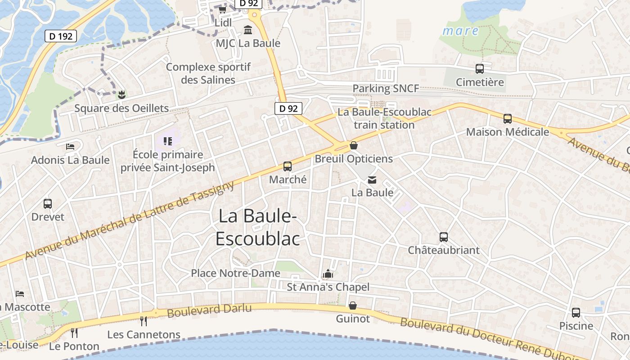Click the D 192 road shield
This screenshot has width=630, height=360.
61,36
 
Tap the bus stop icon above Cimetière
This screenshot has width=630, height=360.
480,69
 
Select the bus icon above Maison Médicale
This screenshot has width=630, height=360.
508,118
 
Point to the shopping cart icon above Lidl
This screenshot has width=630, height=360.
222,9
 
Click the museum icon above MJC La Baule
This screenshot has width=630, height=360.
248,30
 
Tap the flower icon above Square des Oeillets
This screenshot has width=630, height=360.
121,94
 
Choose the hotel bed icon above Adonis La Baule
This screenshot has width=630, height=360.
70,146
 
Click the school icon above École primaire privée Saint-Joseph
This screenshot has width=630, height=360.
168,141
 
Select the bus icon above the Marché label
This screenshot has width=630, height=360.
288,166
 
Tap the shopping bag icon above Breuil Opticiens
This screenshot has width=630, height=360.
354,145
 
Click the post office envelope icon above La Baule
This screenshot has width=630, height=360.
372,180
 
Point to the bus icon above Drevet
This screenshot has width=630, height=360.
48,203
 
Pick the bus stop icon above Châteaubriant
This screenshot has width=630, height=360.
444,237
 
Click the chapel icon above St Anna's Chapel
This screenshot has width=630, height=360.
328,274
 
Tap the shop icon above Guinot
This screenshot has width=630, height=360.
353,306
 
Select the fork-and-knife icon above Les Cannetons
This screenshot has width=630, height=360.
144,321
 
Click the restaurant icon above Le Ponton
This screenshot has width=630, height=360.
74,333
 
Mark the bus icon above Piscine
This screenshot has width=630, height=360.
576,312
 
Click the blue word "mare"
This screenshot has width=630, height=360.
460,31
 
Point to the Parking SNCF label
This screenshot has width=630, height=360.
386,88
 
